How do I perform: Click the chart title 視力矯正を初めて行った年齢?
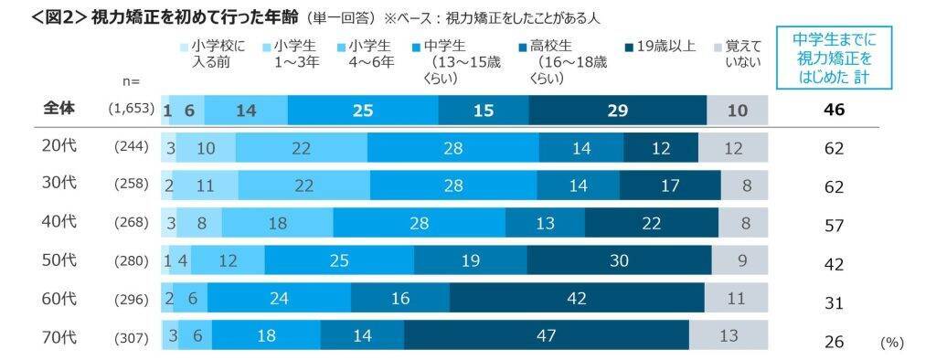pyautogui.click(x=197, y=16)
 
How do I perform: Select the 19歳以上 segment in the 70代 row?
pyautogui.click(x=546, y=335)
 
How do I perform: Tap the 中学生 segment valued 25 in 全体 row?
pyautogui.click(x=363, y=110)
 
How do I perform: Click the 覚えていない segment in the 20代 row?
pyautogui.click(x=733, y=147)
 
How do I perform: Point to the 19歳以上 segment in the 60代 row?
pyautogui.click(x=577, y=298)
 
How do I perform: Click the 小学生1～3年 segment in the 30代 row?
pyautogui.click(x=206, y=185)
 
